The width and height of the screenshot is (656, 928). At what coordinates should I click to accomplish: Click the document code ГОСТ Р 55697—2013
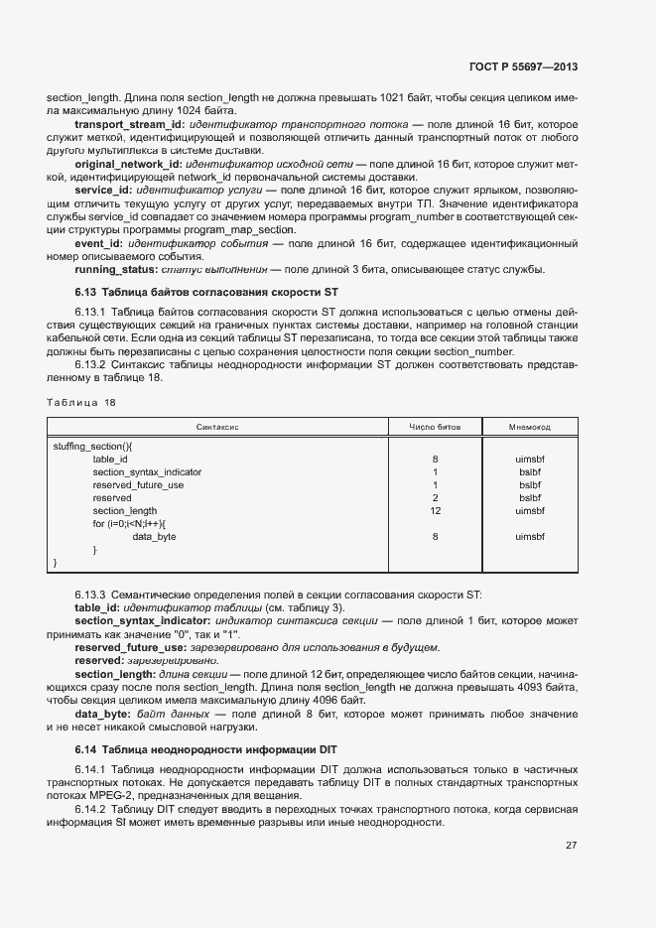click(x=522, y=67)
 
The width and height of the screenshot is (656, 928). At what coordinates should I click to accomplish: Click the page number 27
click(x=571, y=846)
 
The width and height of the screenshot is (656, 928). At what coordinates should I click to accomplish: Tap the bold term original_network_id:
click(x=128, y=163)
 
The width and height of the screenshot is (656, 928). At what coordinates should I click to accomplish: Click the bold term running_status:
click(x=115, y=269)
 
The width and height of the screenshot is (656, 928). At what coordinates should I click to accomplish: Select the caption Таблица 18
click(x=81, y=402)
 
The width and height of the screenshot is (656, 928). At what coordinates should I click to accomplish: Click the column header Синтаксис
click(x=217, y=426)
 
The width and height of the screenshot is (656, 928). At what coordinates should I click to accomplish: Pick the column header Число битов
click(x=435, y=426)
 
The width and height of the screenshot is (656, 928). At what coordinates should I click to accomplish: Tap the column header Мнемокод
click(x=530, y=426)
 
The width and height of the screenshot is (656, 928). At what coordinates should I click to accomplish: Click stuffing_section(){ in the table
click(x=92, y=447)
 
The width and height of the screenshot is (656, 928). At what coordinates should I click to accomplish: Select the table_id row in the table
click(x=110, y=460)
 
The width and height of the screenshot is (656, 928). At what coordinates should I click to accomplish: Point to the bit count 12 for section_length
click(x=435, y=511)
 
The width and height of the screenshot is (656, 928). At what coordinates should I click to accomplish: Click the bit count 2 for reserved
click(x=435, y=498)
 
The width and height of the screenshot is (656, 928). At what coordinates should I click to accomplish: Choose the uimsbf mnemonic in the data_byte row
click(x=530, y=537)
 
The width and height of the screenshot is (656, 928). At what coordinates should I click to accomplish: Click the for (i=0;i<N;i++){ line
click(x=130, y=524)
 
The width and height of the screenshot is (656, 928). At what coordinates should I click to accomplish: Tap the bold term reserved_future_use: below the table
click(x=124, y=647)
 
